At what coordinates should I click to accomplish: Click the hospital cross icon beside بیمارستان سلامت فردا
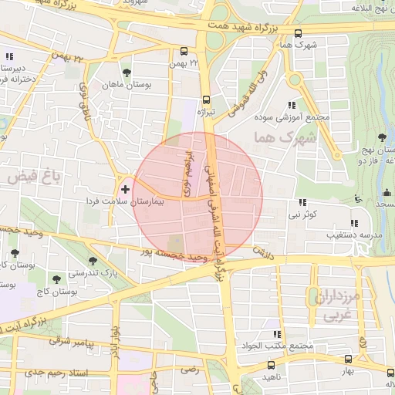tap(126, 188)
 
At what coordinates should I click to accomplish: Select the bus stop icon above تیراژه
tap(205, 100)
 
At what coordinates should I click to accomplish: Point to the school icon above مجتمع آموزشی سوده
tap(291, 104)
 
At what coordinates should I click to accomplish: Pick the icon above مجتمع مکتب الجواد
tap(275, 333)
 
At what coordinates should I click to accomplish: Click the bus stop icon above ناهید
tap(270, 364)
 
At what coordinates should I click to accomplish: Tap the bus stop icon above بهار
tap(348, 359)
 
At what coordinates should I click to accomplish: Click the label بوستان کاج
tap(62, 292)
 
